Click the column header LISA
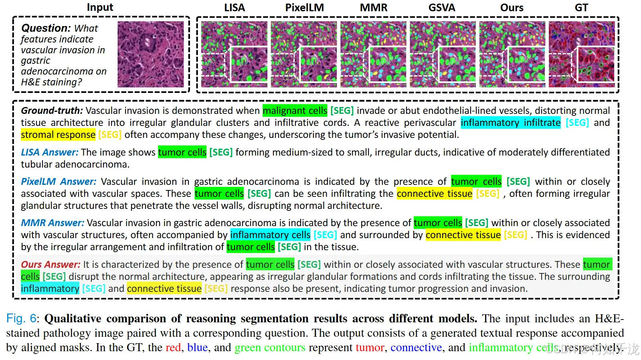click(234, 8)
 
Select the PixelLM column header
click(304, 8)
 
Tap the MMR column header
click(373, 8)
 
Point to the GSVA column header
click(442, 8)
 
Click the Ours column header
click(512, 8)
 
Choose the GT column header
click(581, 8)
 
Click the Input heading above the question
click(100, 7)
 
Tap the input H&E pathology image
click(151, 54)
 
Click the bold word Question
click(46, 28)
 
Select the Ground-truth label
click(52, 111)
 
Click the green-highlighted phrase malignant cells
click(295, 111)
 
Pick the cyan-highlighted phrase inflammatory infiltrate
click(510, 123)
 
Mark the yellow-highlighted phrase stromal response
click(58, 135)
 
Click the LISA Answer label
click(50, 152)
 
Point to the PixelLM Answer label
click(59, 182)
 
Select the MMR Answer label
click(53, 223)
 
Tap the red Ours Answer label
click(51, 265)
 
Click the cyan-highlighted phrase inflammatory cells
click(270, 235)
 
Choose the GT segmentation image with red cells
click(581, 54)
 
